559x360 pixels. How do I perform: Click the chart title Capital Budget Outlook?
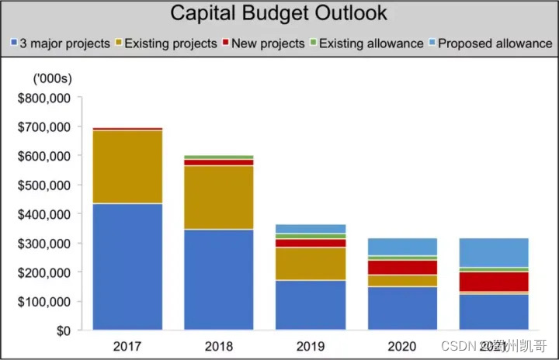point(279,13)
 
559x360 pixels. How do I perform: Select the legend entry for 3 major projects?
point(61,43)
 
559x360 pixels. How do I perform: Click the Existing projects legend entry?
point(165,43)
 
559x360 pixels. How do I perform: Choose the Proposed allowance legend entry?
point(489,43)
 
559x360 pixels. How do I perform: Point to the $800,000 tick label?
point(43,98)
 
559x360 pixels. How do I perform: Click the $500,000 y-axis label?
point(43,185)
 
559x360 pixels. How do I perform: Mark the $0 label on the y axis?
point(61,331)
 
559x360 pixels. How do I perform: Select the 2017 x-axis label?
point(128,345)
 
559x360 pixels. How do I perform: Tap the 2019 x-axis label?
point(311,345)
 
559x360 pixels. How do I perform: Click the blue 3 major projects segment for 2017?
point(128,267)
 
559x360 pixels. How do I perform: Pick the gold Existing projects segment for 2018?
point(219,197)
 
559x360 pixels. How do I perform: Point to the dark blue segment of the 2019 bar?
point(311,305)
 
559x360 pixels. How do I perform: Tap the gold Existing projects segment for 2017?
point(128,167)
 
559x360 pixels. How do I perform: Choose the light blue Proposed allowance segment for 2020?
point(402,247)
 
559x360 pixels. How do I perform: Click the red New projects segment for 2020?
point(402,268)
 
